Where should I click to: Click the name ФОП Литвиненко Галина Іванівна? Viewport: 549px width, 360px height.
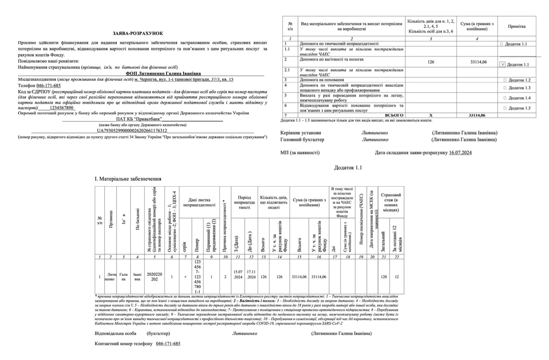[163, 73]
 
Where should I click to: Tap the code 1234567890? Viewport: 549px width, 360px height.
[62, 108]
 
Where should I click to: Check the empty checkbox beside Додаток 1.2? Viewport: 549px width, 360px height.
[505, 80]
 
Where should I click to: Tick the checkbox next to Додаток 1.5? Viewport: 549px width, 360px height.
[505, 108]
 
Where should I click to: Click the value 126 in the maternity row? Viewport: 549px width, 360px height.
[430, 62]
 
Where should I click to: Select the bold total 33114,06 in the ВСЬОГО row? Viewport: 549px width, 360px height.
[477, 115]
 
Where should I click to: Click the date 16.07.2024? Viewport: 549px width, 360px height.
[460, 153]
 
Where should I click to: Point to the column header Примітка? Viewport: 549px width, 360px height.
[516, 26]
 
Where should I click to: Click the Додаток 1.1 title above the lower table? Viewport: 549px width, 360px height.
[348, 168]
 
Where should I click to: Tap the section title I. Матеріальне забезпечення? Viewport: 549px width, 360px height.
[128, 179]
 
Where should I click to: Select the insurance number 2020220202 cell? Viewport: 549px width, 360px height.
[154, 277]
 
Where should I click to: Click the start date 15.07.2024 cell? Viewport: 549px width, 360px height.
[238, 274]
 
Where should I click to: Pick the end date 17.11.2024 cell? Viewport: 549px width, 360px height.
[251, 274]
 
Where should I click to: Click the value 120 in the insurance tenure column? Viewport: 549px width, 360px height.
[384, 277]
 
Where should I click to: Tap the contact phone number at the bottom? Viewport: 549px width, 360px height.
[168, 344]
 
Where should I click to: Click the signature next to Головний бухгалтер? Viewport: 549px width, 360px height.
[375, 139]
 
